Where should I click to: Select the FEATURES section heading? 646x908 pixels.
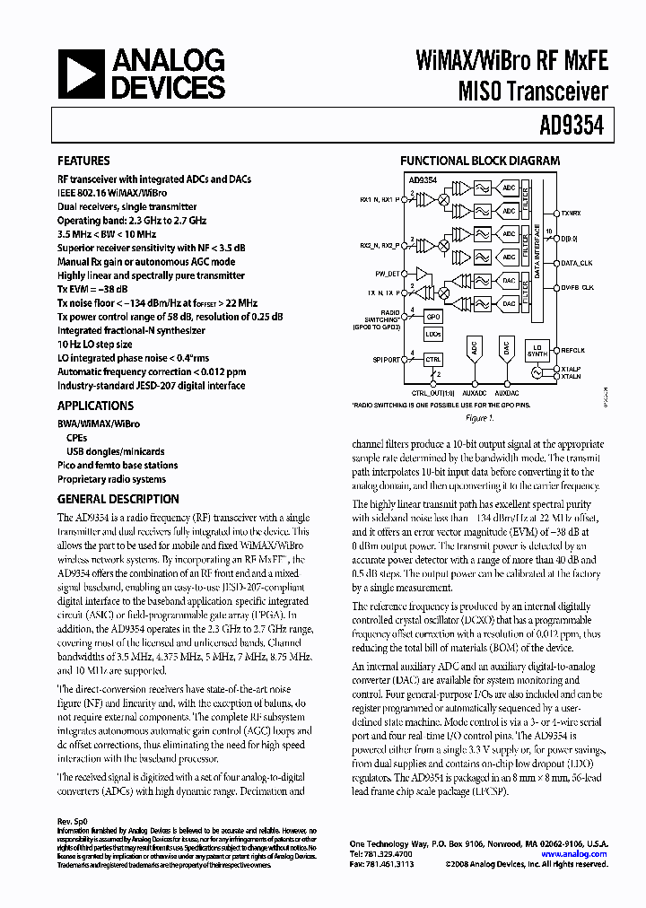pos(84,162)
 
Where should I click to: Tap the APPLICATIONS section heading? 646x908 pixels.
pos(96,406)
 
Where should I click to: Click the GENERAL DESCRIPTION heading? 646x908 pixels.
pos(118,499)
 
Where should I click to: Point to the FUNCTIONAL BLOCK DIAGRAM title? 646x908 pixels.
pos(480,161)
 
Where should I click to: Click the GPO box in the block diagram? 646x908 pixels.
pos(433,318)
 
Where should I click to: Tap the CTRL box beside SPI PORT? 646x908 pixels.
pos(433,359)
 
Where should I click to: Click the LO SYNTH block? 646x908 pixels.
pos(537,351)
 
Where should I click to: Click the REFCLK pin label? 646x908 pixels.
pos(572,350)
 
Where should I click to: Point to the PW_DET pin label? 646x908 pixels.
pos(388,272)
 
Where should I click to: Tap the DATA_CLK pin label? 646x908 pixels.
pos(576,264)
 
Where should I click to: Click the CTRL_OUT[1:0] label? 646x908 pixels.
pos(432,392)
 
